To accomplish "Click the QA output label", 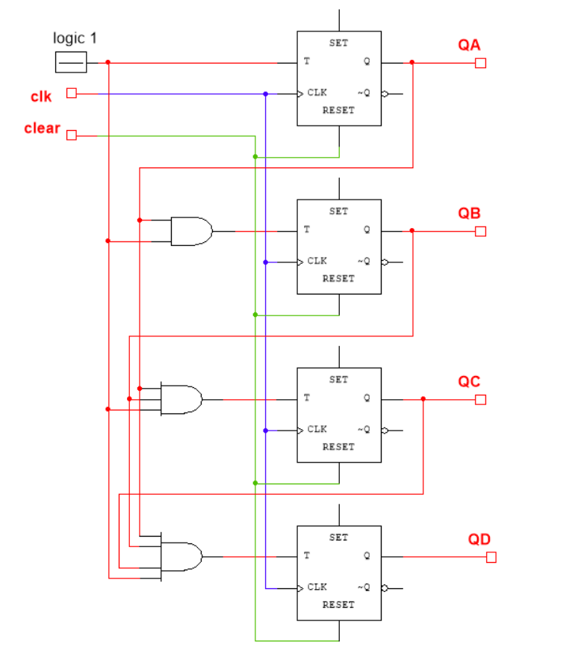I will pos(469,46).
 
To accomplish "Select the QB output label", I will pos(469,213).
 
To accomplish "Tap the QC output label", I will pos(469,382).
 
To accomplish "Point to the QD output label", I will pos(479,540).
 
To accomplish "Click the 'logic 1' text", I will pos(75,38).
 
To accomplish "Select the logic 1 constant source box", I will pos(71,63).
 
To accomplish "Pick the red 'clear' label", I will pos(42,129).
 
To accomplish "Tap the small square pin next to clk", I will pos(72,93).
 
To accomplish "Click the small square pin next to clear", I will pos(72,135).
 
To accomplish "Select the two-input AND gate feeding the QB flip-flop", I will pos(190,232).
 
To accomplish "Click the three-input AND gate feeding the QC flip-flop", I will pos(181,400).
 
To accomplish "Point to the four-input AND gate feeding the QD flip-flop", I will pos(181,557).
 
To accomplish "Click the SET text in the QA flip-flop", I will pos(338,43).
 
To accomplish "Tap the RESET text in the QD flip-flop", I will pos(338,605).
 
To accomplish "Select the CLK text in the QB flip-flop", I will pos(317,261).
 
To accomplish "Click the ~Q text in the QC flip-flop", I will pos(364,429).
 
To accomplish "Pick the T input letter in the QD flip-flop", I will pos(306,556).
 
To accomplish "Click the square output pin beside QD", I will pos(491,558).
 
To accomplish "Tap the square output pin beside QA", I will pos(480,63).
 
